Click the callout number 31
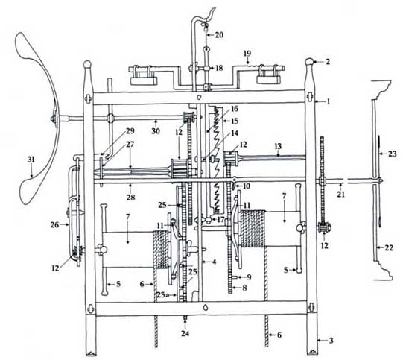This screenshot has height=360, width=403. click(31, 160)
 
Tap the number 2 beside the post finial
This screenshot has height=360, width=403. click(328, 62)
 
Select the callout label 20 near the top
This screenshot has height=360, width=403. click(219, 35)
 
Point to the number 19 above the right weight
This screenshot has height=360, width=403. click(247, 54)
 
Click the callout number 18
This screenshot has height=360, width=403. click(219, 68)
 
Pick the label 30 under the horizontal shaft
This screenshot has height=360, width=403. click(156, 131)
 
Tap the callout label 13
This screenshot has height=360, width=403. click(278, 146)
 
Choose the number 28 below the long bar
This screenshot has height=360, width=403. click(131, 198)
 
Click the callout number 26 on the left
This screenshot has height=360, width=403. click(54, 225)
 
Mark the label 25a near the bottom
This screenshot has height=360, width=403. click(162, 294)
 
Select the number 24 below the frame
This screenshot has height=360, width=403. click(185, 333)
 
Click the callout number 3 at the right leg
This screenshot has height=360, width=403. click(331, 341)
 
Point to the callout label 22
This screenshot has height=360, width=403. click(389, 248)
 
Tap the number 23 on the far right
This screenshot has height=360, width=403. click(393, 154)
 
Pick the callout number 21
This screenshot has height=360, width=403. click(341, 194)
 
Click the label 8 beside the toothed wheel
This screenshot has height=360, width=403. click(244, 288)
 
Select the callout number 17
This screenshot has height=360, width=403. click(220, 220)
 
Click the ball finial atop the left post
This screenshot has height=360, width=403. click(87, 63)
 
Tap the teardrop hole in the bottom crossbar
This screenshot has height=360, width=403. click(206, 308)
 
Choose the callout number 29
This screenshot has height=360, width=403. click(130, 131)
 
